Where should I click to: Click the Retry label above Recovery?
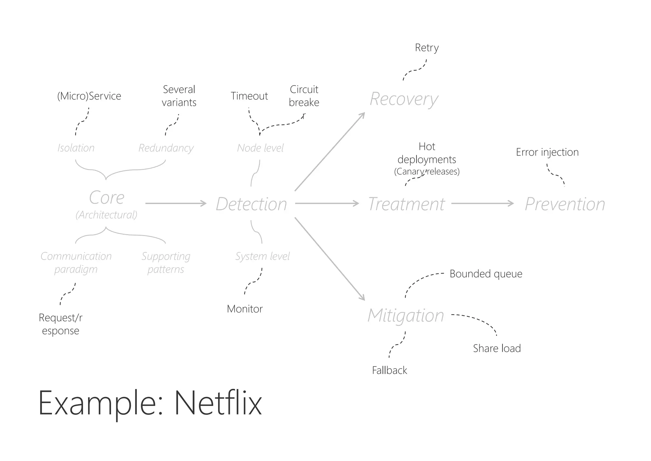pyautogui.click(x=427, y=48)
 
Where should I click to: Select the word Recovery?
pyautogui.click(x=404, y=99)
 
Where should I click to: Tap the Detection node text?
pyautogui.click(x=251, y=204)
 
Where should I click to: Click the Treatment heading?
pyautogui.click(x=406, y=204)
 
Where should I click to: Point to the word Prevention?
pyautogui.click(x=565, y=204)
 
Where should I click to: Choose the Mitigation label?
pyautogui.click(x=406, y=315)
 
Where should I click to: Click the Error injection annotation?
pyautogui.click(x=547, y=152)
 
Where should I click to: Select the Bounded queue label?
pyautogui.click(x=486, y=274)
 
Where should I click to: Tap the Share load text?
pyautogui.click(x=497, y=348)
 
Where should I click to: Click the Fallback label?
pyautogui.click(x=389, y=370)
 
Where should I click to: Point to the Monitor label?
pyautogui.click(x=245, y=309)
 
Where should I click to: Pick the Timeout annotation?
pyautogui.click(x=249, y=96)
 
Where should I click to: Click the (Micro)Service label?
pyautogui.click(x=89, y=96)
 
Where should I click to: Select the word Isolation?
pyautogui.click(x=76, y=148)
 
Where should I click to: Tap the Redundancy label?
pyautogui.click(x=166, y=148)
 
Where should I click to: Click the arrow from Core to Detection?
pyautogui.click(x=176, y=203)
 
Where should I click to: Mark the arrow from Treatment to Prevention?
pyautogui.click(x=483, y=203)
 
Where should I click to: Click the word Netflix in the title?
pyautogui.click(x=218, y=403)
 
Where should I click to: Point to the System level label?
pyautogui.click(x=262, y=256)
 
